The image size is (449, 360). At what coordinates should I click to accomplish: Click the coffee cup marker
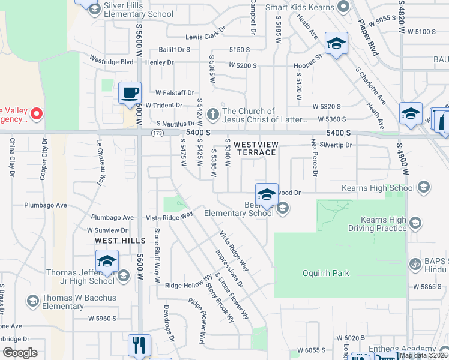[130, 93]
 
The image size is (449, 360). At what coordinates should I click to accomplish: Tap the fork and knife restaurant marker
[139, 345]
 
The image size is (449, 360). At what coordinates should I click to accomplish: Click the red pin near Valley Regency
[36, 113]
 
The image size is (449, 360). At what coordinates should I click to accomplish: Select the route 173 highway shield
[158, 133]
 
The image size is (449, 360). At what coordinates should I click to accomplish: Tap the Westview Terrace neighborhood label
[255, 148]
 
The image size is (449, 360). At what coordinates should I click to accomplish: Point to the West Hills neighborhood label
[120, 240]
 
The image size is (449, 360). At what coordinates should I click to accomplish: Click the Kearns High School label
[378, 188]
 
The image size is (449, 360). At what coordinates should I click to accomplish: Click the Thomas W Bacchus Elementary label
[55, 302]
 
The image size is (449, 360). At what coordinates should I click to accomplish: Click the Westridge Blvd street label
[111, 61]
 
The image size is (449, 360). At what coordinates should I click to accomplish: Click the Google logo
[20, 353]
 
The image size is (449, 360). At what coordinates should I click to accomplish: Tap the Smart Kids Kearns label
[300, 7]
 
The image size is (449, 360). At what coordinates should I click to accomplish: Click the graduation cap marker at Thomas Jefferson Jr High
[107, 261]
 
